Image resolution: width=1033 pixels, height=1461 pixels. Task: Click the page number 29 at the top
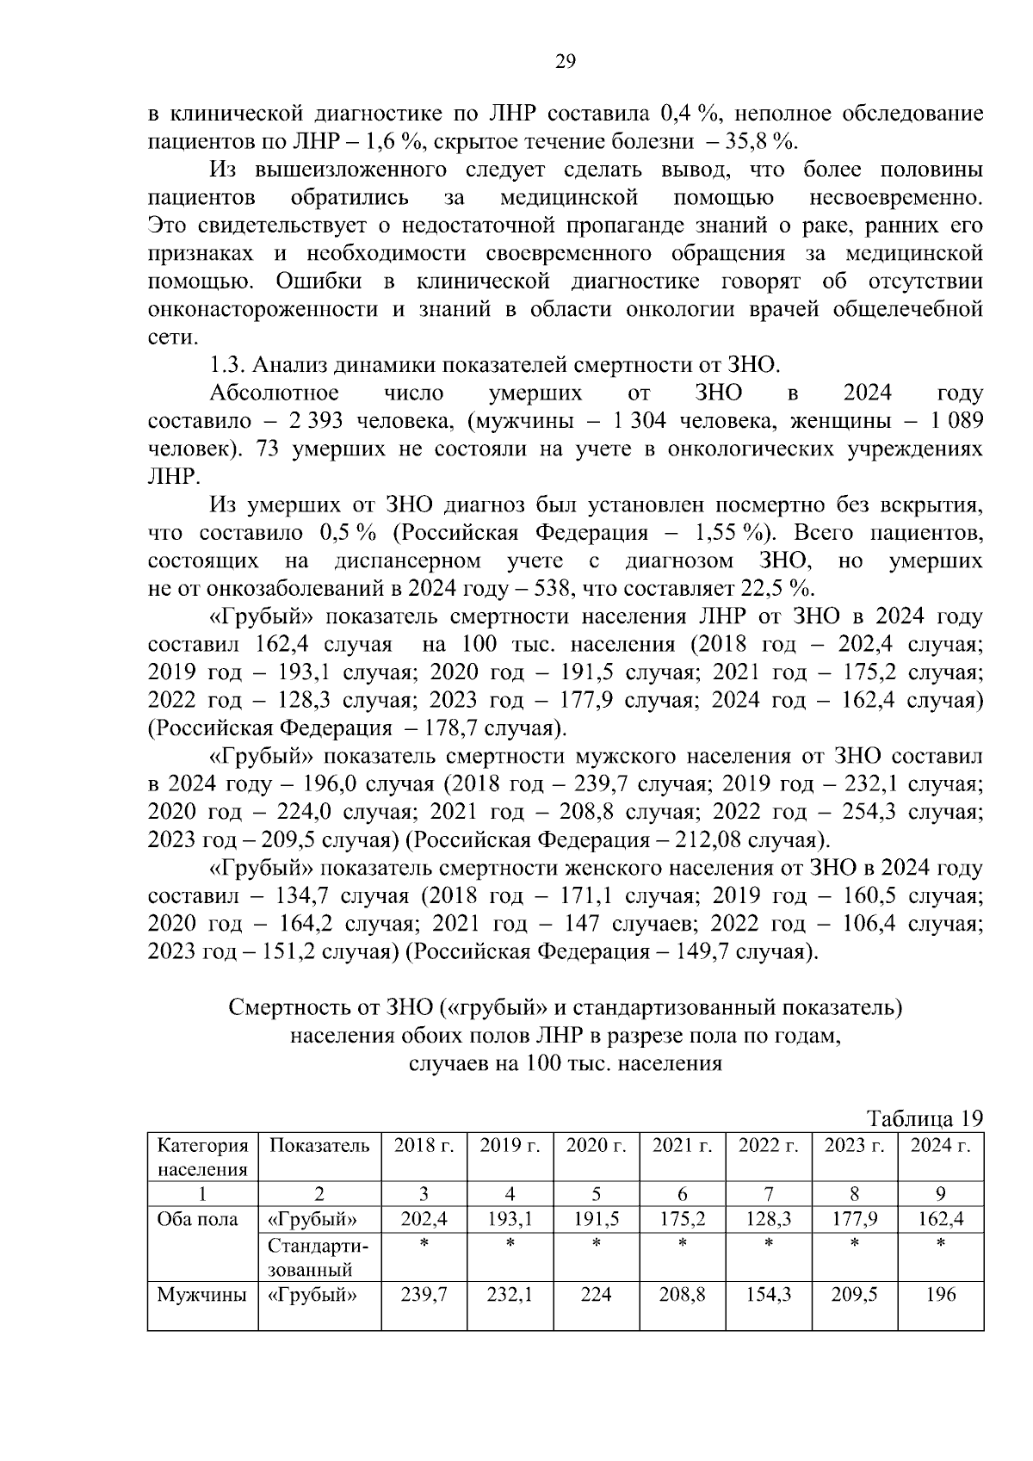(x=565, y=60)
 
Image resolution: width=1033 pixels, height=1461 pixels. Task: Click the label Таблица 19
(x=925, y=1118)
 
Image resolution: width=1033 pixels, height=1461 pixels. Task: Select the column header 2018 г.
(x=424, y=1145)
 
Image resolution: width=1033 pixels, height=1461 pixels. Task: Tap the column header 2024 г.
(x=940, y=1145)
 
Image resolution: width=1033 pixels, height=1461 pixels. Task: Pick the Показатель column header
(x=319, y=1145)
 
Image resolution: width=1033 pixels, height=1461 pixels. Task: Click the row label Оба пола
(x=197, y=1219)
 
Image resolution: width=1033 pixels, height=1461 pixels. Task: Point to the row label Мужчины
(x=201, y=1294)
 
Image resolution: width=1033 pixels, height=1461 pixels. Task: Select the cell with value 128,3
(x=768, y=1219)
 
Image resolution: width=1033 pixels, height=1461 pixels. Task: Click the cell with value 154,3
(x=768, y=1294)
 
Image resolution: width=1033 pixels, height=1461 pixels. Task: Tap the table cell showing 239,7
(x=424, y=1294)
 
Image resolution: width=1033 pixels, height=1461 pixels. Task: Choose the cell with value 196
(x=940, y=1294)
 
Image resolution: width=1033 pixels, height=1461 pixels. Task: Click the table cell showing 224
(x=596, y=1294)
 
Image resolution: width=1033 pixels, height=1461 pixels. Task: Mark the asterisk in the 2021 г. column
(x=682, y=1244)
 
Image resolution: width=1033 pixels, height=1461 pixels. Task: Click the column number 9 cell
(x=940, y=1193)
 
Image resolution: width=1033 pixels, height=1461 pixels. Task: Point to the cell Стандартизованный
(x=318, y=1257)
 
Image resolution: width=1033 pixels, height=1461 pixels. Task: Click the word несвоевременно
(x=895, y=198)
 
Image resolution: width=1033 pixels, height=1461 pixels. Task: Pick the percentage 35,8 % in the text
(x=758, y=140)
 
